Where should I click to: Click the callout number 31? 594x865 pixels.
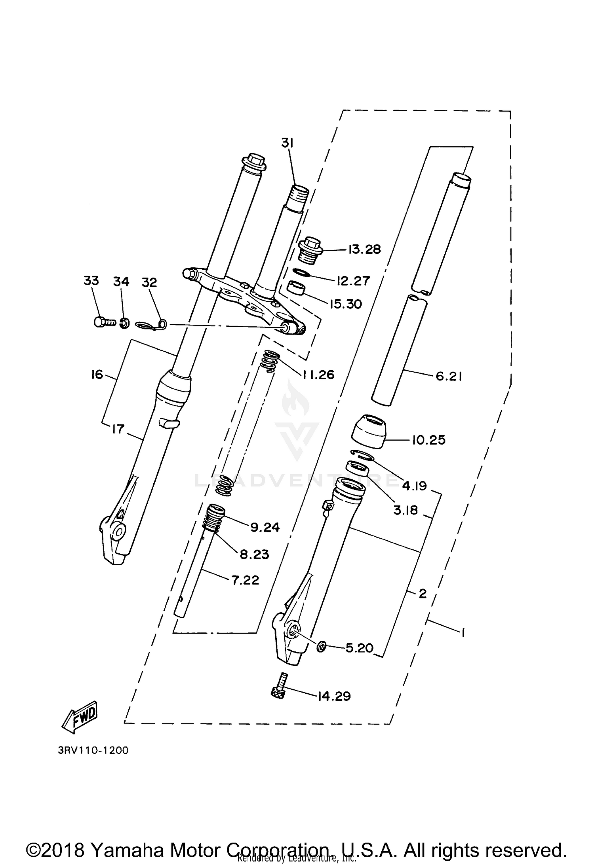pyautogui.click(x=287, y=143)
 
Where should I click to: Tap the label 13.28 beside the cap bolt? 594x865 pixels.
pyautogui.click(x=364, y=250)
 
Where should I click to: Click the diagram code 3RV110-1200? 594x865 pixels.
pyautogui.click(x=93, y=750)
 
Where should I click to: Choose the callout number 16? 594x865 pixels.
pyautogui.click(x=97, y=374)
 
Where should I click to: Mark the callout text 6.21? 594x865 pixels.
pyautogui.click(x=449, y=377)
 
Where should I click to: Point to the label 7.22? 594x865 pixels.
pyautogui.click(x=246, y=580)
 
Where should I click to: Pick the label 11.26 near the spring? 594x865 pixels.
pyautogui.click(x=319, y=374)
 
